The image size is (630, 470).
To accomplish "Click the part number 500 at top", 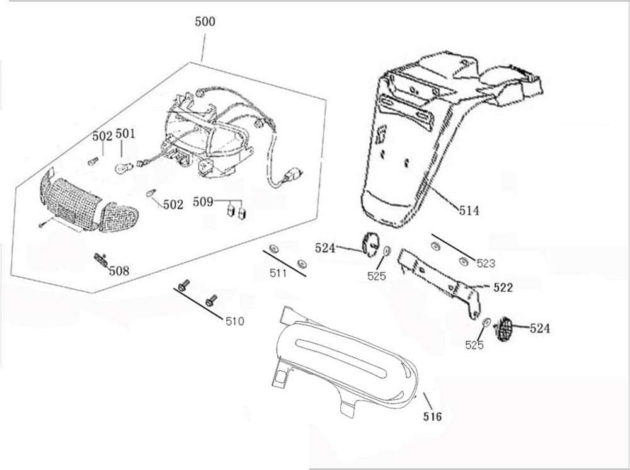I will pyautogui.click(x=205, y=21).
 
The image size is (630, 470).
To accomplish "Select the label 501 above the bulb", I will pyautogui.click(x=125, y=134).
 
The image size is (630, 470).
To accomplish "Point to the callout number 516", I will pyautogui.click(x=432, y=416).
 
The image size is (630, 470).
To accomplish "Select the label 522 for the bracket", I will pyautogui.click(x=503, y=287).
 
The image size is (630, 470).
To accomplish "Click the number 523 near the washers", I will pyautogui.click(x=485, y=263).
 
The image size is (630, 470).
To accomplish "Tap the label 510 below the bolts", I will pyautogui.click(x=234, y=321).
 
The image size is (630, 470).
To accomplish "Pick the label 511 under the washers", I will pyautogui.click(x=278, y=273).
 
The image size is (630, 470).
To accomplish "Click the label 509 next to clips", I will pyautogui.click(x=203, y=202).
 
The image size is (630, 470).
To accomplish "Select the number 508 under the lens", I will pyautogui.click(x=118, y=271).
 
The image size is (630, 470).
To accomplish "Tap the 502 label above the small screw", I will pyautogui.click(x=102, y=136).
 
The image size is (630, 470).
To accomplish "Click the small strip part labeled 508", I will pyautogui.click(x=100, y=259).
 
